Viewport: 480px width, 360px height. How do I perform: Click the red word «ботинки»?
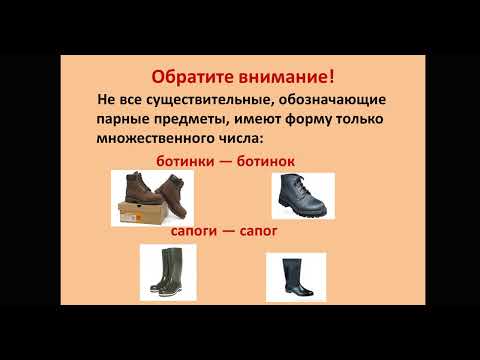pos(189,160)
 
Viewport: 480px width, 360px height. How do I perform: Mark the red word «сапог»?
pos(256,231)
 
